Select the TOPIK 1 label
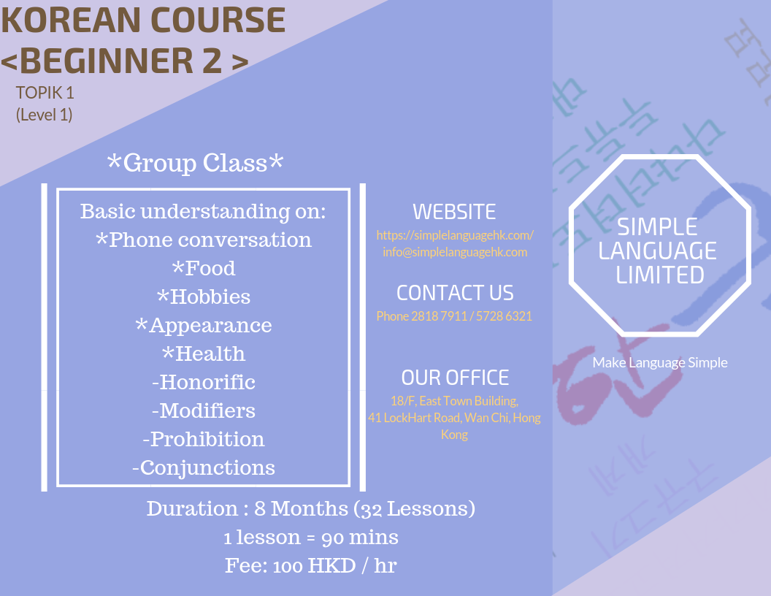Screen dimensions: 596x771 45,93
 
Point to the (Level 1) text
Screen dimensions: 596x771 45,115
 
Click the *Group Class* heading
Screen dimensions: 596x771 195,163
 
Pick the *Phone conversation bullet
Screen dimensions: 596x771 204,240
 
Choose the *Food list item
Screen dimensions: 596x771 204,268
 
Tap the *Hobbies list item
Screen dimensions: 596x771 204,297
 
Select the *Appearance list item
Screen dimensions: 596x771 204,325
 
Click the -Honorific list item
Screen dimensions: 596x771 204,382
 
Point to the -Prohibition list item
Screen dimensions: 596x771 204,439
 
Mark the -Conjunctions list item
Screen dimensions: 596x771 204,467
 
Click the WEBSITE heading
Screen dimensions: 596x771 454,212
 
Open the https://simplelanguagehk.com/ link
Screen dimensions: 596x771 455,235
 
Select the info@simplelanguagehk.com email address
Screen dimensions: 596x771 455,252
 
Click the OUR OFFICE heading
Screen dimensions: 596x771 455,378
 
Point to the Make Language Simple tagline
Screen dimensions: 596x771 660,362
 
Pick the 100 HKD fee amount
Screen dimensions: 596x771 302,566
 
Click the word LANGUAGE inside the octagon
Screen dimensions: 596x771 658,251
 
